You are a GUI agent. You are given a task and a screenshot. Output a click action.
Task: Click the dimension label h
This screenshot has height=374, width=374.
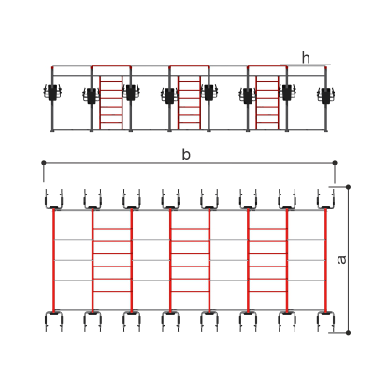(x=306, y=58)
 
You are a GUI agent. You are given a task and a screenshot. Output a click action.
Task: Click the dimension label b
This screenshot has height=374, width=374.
(x=186, y=154)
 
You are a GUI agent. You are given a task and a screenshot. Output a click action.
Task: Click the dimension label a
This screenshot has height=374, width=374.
(x=342, y=260)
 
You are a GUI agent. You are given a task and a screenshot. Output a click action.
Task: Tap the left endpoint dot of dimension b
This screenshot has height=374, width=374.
(x=44, y=163)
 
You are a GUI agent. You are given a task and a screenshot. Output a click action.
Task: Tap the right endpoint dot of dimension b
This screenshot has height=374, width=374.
(x=335, y=163)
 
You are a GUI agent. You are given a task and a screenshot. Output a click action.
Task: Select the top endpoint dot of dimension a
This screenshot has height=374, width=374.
(x=348, y=187)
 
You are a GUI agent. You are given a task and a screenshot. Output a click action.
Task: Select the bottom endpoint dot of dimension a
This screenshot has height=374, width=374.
(x=348, y=333)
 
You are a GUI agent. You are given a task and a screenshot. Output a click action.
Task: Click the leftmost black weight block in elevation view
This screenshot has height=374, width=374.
(x=52, y=93)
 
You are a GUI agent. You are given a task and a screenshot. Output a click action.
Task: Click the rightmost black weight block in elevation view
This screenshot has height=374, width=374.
(x=326, y=95)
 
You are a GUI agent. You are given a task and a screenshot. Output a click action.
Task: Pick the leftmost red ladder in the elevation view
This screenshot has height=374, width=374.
(x=111, y=102)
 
